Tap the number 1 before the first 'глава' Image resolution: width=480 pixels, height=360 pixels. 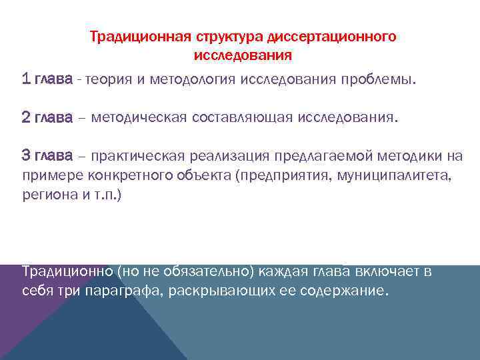[26, 80]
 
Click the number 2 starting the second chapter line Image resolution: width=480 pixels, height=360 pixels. [26, 118]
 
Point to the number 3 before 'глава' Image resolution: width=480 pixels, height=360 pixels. [26, 156]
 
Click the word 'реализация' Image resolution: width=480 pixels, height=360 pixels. [225, 156]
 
